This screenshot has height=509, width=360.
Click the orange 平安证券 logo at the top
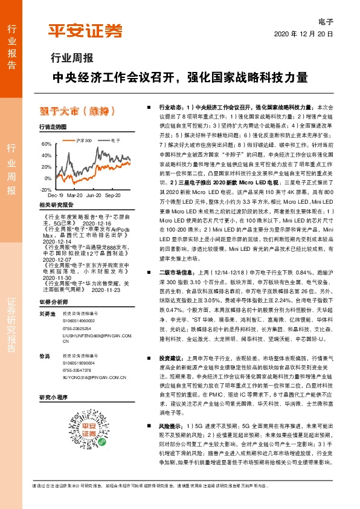(85, 31)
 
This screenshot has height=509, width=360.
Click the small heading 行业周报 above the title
(71, 59)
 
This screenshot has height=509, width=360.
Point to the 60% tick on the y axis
(46, 144)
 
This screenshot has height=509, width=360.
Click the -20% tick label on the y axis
(45, 189)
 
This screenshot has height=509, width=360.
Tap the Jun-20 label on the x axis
(94, 196)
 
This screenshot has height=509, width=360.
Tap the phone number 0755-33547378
(77, 370)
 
